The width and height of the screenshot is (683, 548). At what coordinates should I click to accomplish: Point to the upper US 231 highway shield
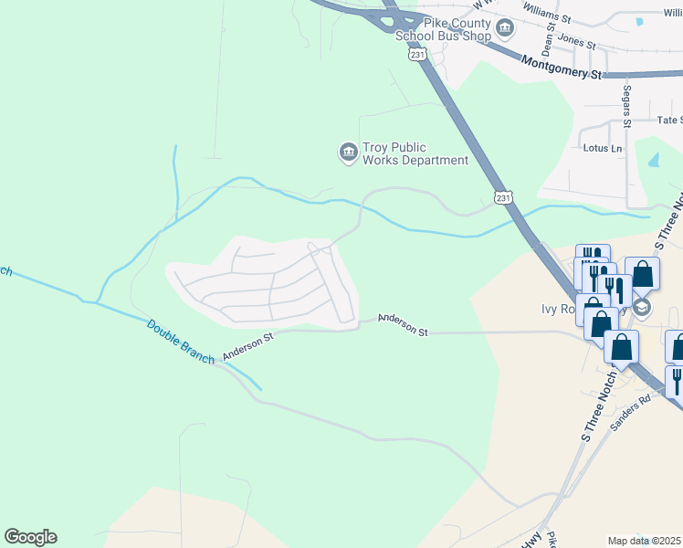417,55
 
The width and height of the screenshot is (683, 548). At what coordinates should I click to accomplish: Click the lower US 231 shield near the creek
503,196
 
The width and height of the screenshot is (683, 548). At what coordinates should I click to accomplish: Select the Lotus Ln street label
602,148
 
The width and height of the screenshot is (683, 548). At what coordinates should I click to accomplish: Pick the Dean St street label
548,37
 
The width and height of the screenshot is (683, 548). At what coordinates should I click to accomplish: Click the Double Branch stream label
181,340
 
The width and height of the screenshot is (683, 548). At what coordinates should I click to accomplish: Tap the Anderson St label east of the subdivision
404,327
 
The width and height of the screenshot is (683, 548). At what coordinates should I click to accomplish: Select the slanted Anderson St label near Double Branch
248,345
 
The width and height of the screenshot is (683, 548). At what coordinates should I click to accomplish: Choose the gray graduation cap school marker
643,307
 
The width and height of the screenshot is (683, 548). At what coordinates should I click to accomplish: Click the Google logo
30,537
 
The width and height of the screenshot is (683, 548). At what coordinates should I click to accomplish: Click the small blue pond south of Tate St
653,159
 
